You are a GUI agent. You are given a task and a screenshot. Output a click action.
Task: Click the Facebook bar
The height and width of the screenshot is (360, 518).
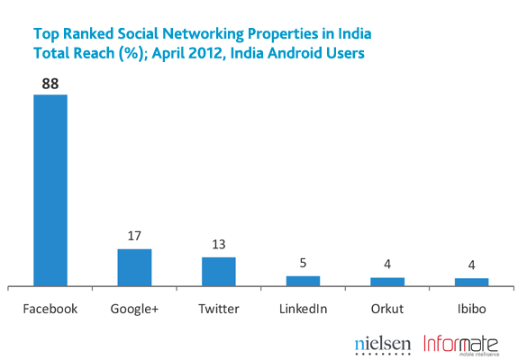point(50,190)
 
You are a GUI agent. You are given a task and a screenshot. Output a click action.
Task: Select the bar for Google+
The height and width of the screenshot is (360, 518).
point(134,267)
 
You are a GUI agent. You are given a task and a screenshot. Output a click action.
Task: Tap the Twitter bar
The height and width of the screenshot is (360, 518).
point(219,271)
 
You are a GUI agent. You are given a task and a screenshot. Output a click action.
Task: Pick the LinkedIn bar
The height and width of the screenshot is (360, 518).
point(303,281)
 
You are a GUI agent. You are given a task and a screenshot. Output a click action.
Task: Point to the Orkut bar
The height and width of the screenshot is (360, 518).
point(387,282)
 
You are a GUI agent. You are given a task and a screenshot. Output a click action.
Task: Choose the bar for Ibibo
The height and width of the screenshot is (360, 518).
point(471,282)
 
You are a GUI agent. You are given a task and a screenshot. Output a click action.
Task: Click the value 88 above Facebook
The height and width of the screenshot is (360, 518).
point(50,82)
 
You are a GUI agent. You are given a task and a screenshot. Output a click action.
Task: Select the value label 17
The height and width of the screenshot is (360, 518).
point(134,237)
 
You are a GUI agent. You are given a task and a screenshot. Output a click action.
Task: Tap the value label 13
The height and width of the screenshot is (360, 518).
point(219,245)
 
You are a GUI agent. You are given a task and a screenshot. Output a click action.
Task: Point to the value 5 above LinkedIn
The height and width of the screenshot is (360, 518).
point(303,264)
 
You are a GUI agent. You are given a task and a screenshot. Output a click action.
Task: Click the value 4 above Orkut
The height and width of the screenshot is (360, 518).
point(387,266)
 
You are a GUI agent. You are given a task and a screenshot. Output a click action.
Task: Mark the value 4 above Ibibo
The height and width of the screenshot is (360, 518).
point(471,266)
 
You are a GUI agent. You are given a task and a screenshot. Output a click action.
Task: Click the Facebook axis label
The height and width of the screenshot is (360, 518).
point(50,309)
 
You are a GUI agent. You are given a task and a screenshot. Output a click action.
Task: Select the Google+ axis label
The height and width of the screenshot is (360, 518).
point(134,309)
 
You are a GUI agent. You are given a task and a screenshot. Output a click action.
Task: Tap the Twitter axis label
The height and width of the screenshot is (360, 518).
point(219,309)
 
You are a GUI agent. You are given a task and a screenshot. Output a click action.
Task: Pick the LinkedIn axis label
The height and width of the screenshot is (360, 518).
point(303,309)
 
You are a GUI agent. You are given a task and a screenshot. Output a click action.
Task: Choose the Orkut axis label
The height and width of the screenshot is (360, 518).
point(387,309)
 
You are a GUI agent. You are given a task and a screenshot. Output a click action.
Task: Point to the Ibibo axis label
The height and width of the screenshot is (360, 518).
point(471,309)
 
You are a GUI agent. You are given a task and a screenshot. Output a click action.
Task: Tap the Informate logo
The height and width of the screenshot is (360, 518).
point(465,343)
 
